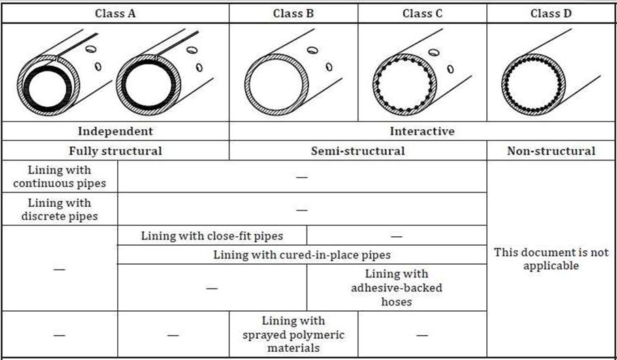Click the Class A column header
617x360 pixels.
pos(115,13)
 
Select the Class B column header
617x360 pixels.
pos(293,13)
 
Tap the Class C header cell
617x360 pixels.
pos(422,13)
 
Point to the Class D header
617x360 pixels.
pos(551,13)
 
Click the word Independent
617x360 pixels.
pos(115,131)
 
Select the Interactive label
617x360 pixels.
pos(422,131)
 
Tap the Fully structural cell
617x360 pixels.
pos(115,151)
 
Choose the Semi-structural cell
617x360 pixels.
pos(358,151)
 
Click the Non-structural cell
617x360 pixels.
pos(551,151)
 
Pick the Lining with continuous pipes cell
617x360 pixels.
pos(59,177)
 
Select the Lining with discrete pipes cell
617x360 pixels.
pos(59,210)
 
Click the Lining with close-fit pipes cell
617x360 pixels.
pos(212,236)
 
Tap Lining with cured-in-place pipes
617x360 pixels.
pos(302,255)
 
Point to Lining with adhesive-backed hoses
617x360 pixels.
pos(396,287)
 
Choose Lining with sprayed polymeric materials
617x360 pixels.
pos(294,333)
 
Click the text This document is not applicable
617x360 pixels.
pos(551,259)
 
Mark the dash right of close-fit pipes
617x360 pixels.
pos(396,236)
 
